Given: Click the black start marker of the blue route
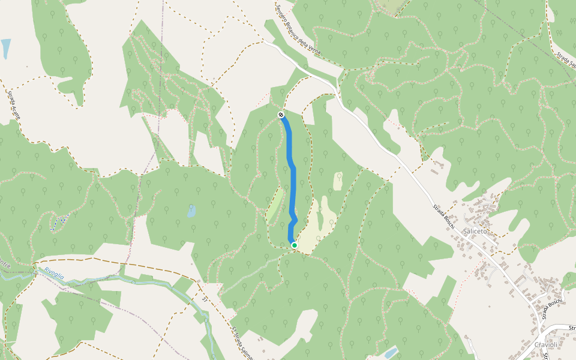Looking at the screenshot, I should [x=281, y=114].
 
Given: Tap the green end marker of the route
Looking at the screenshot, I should [x=294, y=245].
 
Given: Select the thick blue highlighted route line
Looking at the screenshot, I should [x=293, y=180].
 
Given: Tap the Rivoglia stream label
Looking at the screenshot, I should [x=54, y=271].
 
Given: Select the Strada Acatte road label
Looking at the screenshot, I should [x=13, y=105].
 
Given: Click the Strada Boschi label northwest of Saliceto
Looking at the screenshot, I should [x=445, y=215].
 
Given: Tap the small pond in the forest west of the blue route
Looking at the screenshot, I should [x=191, y=211].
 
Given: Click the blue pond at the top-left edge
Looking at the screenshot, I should [x=5, y=48].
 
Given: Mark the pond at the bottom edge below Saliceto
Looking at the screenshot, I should [x=390, y=352].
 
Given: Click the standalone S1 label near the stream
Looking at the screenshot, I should [x=205, y=298].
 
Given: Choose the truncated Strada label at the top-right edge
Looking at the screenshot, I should [x=565, y=60].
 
